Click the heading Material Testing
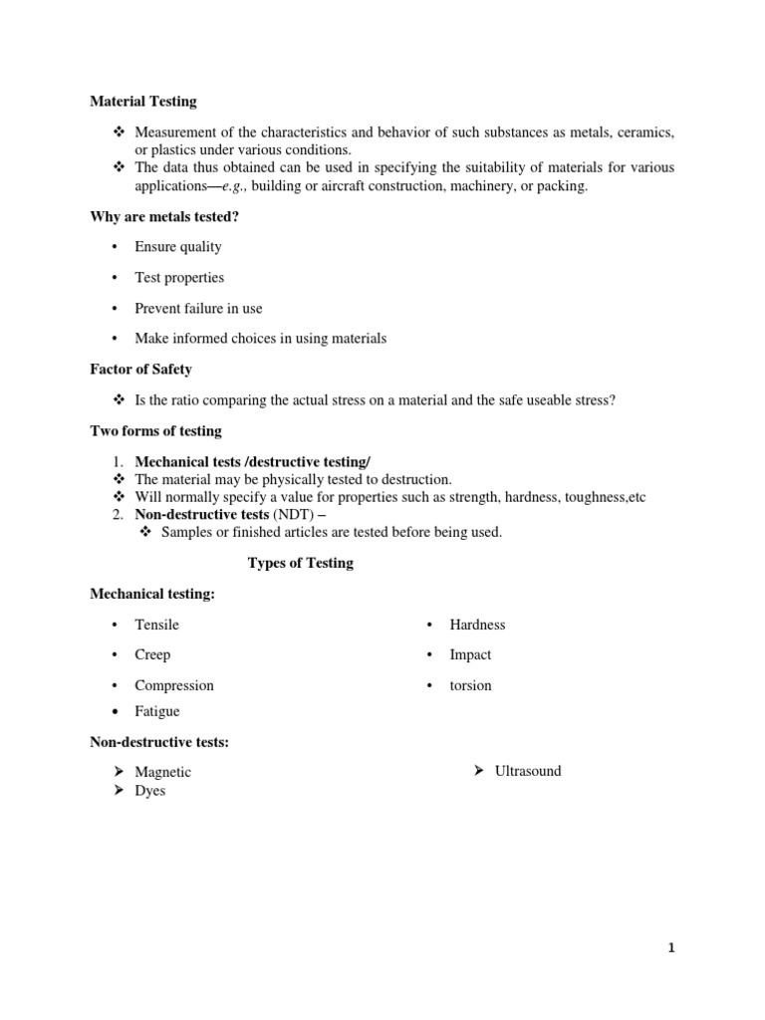click(x=143, y=101)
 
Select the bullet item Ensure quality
click(x=178, y=247)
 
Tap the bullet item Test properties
click(x=179, y=278)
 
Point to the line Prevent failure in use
click(x=198, y=309)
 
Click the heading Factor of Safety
click(x=141, y=370)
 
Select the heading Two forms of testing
click(x=156, y=431)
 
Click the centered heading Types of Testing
click(x=300, y=563)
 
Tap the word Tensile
click(x=156, y=625)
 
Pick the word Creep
click(x=152, y=654)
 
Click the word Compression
click(x=174, y=685)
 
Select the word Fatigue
click(x=157, y=711)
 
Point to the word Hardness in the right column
click(x=477, y=625)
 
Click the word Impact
click(x=470, y=654)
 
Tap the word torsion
click(x=470, y=685)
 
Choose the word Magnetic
click(x=162, y=772)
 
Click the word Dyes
click(x=150, y=791)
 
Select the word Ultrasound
click(x=528, y=771)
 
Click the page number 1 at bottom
click(x=671, y=948)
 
